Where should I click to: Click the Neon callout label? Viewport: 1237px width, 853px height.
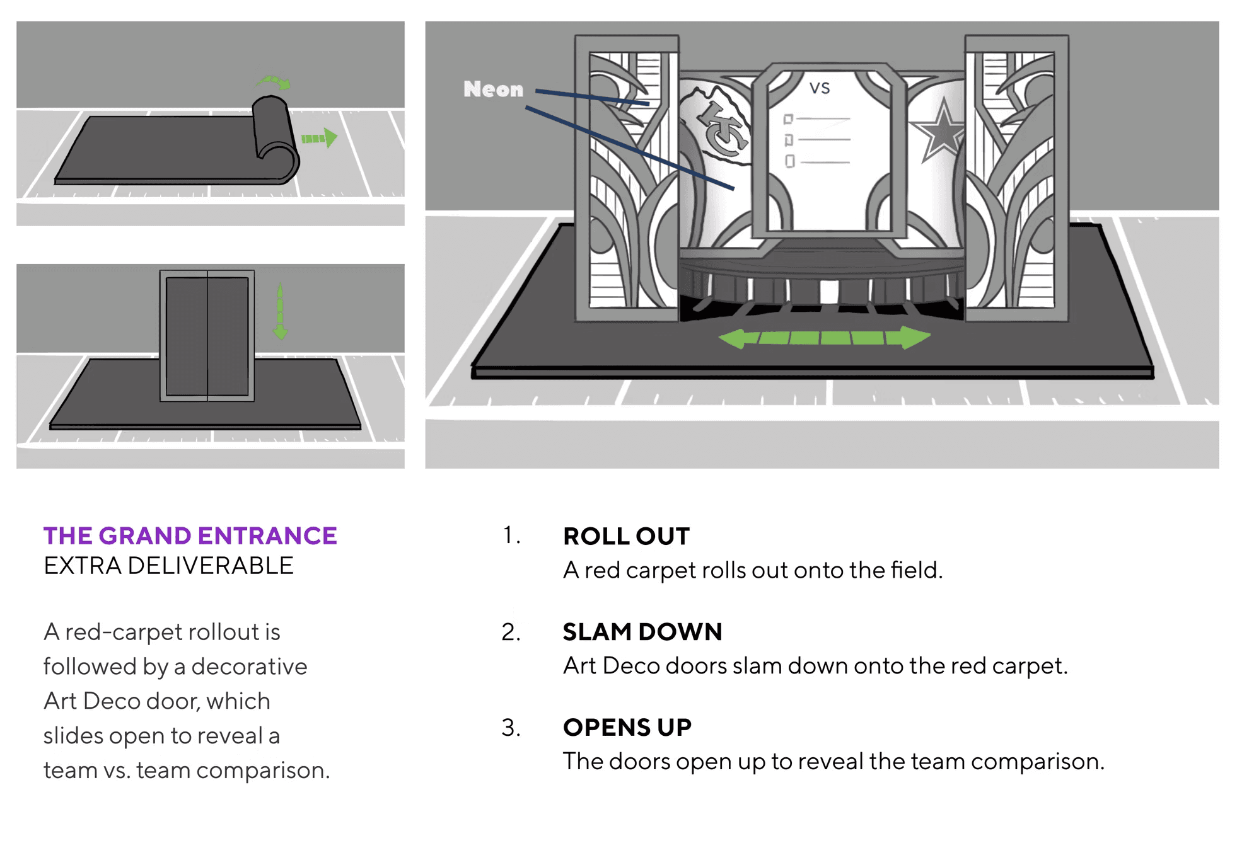(x=493, y=89)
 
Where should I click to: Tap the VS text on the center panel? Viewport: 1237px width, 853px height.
(x=820, y=88)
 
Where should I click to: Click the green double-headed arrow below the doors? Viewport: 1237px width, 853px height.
(x=824, y=338)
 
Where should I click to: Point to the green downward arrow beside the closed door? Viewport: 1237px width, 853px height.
(x=280, y=312)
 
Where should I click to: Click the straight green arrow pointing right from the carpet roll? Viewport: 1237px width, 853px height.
(x=319, y=138)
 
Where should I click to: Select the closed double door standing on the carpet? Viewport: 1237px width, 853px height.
(x=207, y=336)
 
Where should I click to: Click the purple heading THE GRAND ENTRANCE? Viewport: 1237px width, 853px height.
(x=190, y=536)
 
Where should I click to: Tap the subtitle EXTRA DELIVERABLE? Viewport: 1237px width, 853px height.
(x=168, y=566)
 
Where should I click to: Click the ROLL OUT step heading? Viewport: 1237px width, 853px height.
(x=626, y=537)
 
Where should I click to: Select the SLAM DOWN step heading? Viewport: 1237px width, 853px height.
(x=642, y=632)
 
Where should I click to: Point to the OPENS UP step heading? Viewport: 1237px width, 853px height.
(x=627, y=728)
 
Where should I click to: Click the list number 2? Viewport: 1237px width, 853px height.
(x=511, y=632)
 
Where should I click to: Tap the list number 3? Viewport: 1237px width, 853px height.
(x=511, y=728)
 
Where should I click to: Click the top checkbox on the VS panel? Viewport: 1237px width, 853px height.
(x=788, y=119)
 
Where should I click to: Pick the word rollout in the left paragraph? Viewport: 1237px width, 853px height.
(x=224, y=632)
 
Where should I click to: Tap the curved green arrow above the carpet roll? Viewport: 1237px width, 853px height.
(x=274, y=82)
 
